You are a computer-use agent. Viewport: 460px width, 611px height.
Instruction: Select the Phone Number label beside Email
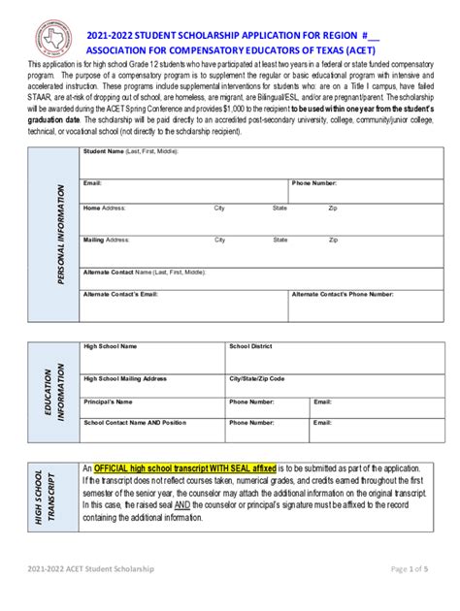click(314, 182)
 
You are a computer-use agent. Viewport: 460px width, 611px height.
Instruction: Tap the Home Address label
click(105, 209)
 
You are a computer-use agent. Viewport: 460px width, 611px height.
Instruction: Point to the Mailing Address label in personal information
click(107, 240)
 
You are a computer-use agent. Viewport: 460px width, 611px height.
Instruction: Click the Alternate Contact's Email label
click(120, 294)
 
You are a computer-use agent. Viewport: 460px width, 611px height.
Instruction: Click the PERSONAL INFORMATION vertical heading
click(60, 234)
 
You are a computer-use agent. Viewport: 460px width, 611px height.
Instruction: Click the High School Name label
click(110, 346)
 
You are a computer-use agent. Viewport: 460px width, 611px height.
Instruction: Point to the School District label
click(250, 346)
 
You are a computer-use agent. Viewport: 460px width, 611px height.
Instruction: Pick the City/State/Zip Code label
click(256, 378)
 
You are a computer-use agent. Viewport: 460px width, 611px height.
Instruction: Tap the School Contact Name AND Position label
click(135, 423)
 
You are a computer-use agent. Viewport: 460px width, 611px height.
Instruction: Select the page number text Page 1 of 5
click(411, 596)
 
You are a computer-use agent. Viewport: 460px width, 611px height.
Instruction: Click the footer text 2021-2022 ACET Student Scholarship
click(91, 596)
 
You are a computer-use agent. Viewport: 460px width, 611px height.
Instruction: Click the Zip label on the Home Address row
click(333, 209)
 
